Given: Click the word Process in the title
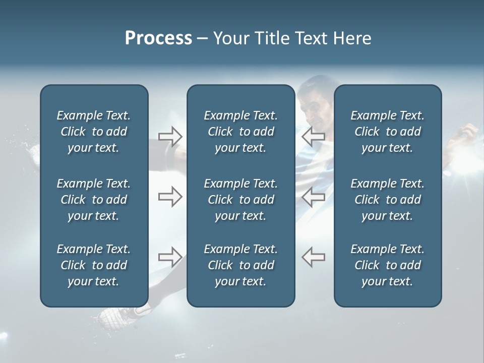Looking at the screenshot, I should click(158, 38).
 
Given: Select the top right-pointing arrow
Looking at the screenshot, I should click(170, 136).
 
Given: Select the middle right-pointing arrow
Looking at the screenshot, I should click(170, 197).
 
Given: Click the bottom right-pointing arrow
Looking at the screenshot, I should click(170, 257).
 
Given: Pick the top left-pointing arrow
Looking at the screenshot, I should click(313, 136).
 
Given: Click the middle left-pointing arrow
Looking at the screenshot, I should click(313, 197).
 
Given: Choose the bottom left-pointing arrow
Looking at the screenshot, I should click(313, 257).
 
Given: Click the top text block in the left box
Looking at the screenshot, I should click(94, 132).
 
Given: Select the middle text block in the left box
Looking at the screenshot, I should click(94, 200).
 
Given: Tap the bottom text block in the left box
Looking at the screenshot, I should click(94, 265).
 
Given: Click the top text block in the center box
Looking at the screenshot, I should click(240, 132).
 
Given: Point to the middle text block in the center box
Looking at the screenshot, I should click(240, 200).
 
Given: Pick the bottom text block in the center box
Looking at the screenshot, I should click(240, 265).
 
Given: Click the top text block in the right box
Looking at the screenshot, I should click(387, 132).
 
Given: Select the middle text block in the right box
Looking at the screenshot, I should click(387, 200).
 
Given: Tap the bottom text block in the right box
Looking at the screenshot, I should click(387, 265).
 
